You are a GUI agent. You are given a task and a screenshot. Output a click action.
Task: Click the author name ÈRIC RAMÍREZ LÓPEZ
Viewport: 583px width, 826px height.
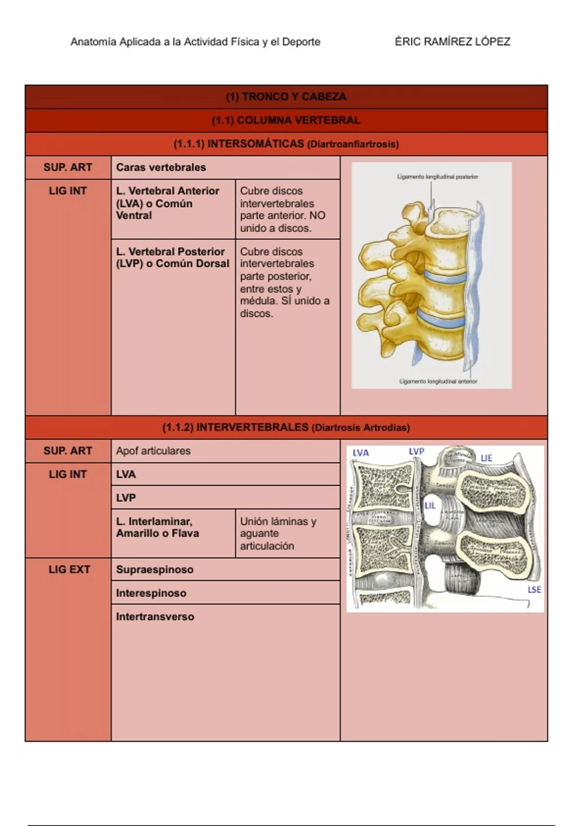[452, 42]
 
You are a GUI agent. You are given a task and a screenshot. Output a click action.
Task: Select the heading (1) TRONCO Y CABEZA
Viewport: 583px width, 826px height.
[286, 97]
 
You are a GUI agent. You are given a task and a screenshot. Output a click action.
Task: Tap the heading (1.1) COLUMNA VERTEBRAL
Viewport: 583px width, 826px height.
[286, 120]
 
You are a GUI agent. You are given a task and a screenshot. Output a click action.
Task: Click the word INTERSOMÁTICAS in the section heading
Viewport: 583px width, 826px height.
[256, 144]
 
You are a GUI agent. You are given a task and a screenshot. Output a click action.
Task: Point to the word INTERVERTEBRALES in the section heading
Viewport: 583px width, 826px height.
[252, 428]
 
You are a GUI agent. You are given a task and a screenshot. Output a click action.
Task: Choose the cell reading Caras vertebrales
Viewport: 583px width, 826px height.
[161, 167]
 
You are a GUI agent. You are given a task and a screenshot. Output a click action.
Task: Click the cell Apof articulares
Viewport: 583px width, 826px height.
[153, 451]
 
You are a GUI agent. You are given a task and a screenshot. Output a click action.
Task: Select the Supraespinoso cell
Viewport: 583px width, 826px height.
[154, 569]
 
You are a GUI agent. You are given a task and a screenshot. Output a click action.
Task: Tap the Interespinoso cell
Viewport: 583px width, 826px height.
[151, 593]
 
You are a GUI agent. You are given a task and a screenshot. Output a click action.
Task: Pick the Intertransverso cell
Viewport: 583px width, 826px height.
[155, 617]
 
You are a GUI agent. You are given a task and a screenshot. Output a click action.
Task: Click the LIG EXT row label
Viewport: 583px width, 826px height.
[69, 569]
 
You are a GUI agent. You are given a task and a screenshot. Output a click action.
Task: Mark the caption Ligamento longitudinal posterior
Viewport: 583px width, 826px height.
[437, 177]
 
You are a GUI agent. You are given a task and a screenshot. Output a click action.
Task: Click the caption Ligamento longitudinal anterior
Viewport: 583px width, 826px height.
[438, 382]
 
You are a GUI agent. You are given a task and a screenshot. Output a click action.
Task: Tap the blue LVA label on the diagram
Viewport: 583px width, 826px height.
[361, 453]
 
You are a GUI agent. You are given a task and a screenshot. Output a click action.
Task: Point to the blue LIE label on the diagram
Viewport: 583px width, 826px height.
[486, 458]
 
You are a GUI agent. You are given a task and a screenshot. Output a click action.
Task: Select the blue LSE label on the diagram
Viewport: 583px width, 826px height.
[534, 589]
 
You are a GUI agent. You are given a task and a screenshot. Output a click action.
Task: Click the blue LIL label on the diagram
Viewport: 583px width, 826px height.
[430, 506]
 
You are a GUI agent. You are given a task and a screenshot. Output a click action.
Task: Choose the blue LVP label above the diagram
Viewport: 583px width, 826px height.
[416, 451]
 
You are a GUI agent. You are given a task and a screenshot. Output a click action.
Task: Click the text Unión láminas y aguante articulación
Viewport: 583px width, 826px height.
[278, 533]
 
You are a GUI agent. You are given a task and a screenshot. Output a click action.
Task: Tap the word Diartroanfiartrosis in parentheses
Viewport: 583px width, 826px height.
[353, 144]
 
